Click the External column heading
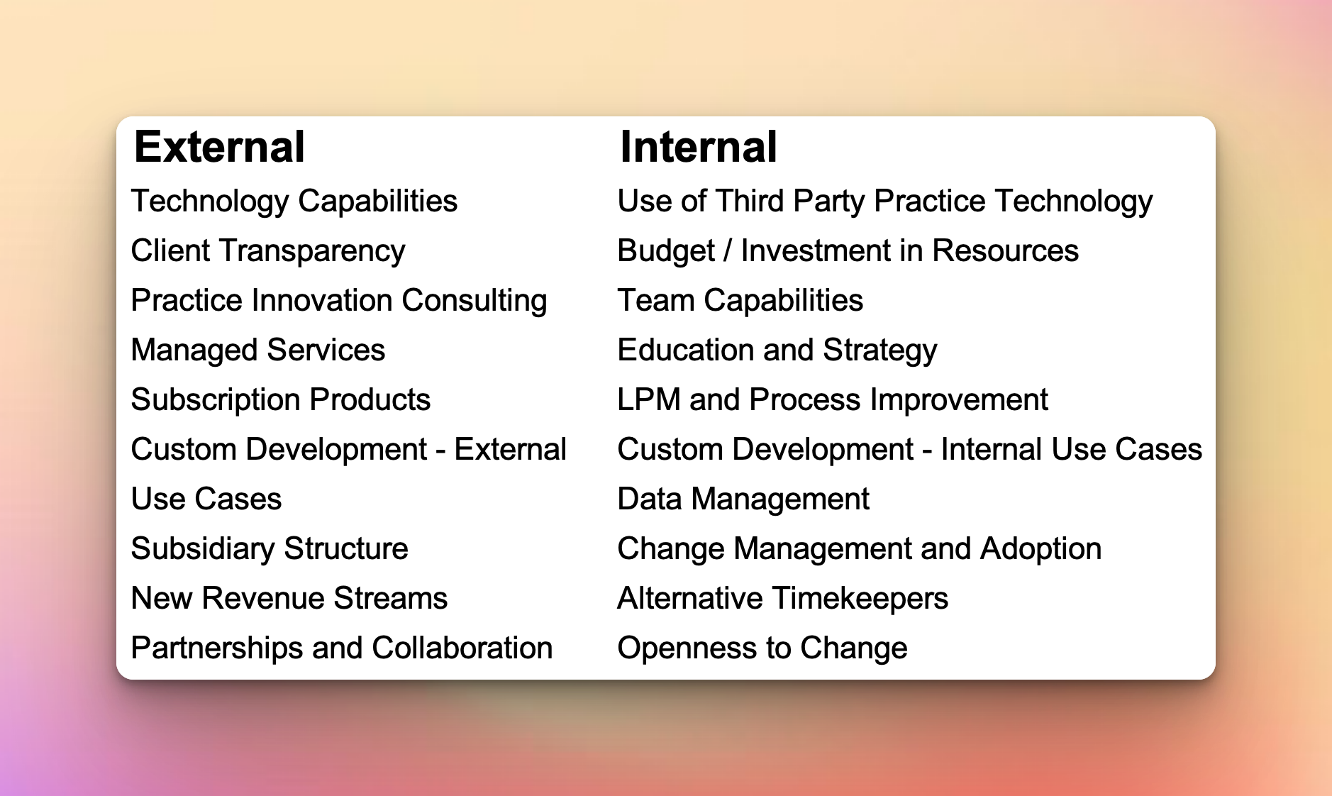coord(219,147)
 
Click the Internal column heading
coord(699,147)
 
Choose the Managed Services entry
coord(258,350)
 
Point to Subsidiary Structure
coord(270,549)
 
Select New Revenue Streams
coord(289,598)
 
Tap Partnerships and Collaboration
coord(342,648)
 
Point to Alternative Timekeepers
coord(783,599)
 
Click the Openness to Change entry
coord(762,648)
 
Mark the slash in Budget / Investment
coord(728,251)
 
